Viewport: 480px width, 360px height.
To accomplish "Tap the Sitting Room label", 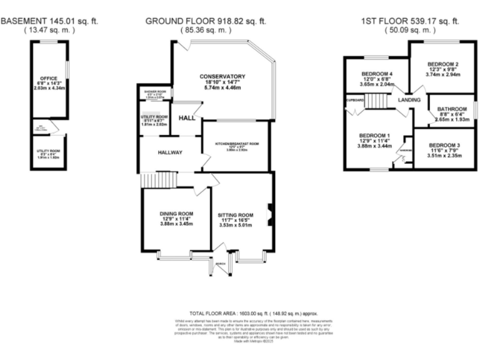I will tap(235, 214).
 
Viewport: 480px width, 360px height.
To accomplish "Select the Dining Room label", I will tap(176, 214).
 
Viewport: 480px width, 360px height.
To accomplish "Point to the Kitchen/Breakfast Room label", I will tap(237, 144).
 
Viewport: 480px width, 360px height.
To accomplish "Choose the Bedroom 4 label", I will tap(377, 74).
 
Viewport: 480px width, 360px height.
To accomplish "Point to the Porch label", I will tap(220, 264).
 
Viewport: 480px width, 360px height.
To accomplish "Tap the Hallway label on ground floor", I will tap(161, 152).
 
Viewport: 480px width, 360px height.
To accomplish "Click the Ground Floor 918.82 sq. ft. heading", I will tap(206, 21).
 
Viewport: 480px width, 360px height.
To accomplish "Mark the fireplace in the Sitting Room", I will tap(269, 213).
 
